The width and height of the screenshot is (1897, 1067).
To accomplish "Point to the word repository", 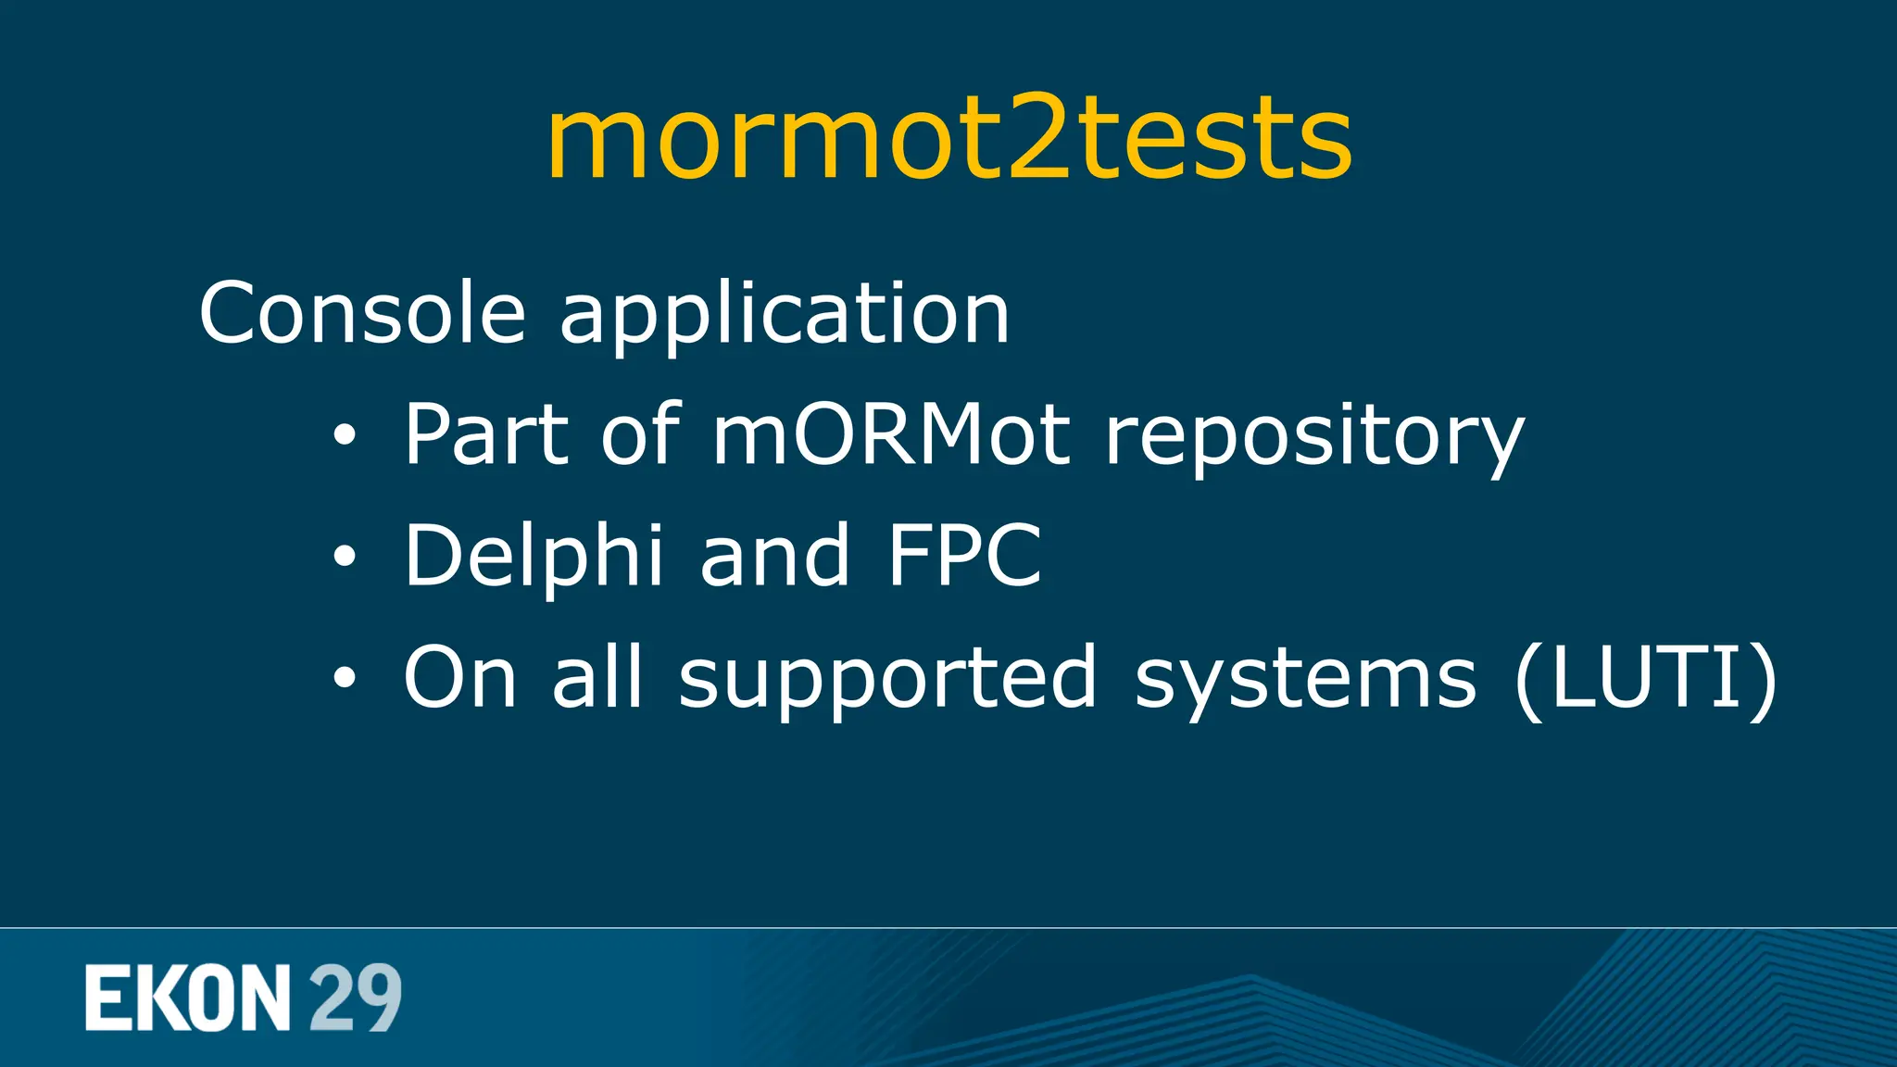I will (1314, 437).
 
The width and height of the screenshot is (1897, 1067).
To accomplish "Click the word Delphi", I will (534, 556).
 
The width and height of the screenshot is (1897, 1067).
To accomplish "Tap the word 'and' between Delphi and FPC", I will (774, 556).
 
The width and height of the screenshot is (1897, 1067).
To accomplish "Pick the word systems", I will (1304, 681).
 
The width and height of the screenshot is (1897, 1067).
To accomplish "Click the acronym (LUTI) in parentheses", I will (1645, 679).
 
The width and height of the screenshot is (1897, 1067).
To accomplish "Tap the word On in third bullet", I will (459, 677).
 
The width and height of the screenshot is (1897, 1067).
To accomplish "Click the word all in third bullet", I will (596, 677).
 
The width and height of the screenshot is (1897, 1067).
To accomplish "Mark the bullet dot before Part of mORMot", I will (344, 435).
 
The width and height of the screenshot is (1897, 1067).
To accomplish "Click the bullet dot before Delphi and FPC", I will (344, 557).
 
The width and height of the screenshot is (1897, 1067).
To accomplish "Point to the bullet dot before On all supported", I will (344, 678).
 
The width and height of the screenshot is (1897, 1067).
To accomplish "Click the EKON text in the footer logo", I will (188, 998).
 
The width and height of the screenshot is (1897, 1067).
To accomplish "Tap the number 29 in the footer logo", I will (355, 998).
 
